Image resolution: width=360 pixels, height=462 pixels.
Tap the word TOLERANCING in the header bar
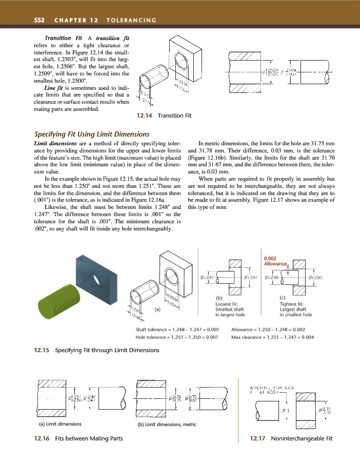pyautogui.click(x=131, y=20)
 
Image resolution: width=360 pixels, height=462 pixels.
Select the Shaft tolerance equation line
pyautogui.click(x=177, y=329)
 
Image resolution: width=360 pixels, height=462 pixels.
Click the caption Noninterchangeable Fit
pyautogui.click(x=302, y=439)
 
